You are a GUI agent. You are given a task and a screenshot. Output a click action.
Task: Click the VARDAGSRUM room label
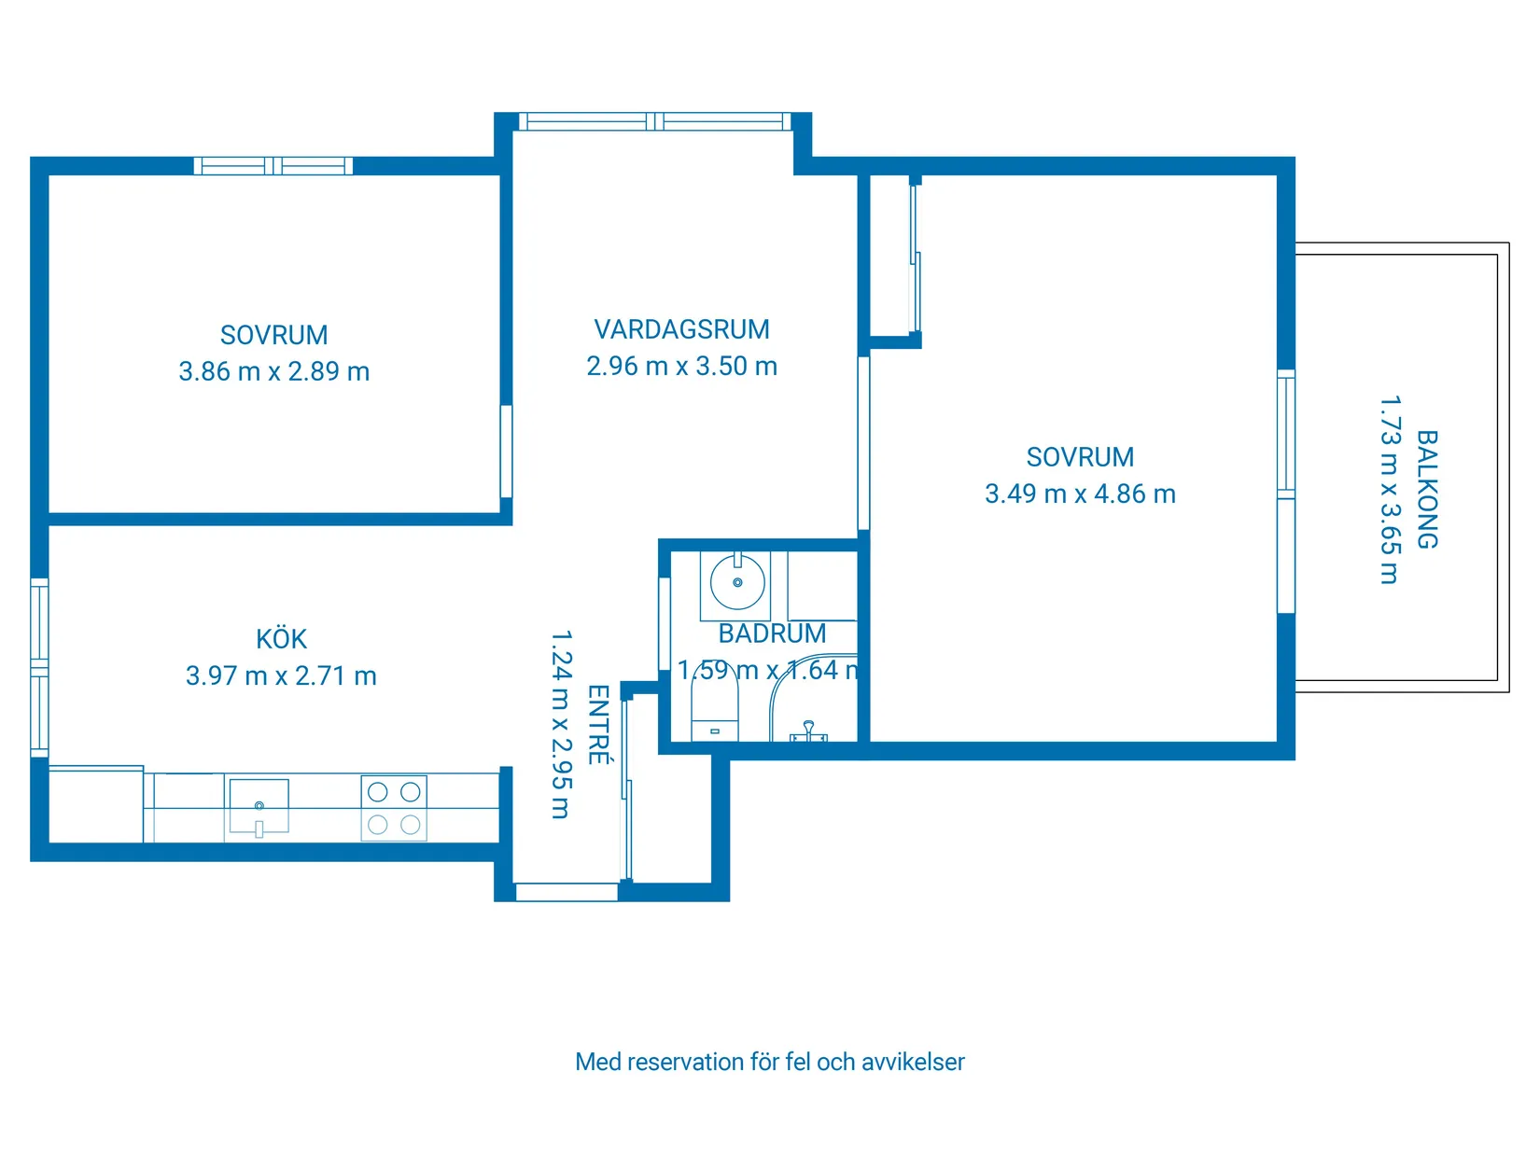[681, 329]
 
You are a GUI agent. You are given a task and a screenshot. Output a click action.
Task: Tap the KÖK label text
[281, 639]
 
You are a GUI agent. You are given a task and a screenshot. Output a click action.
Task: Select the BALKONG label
[1427, 489]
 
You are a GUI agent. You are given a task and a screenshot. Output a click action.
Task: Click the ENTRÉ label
[598, 725]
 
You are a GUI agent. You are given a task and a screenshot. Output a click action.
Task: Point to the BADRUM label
[772, 633]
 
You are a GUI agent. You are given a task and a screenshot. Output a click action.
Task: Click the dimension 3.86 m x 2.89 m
[273, 371]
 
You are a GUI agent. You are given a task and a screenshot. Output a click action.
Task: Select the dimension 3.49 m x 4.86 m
[1080, 494]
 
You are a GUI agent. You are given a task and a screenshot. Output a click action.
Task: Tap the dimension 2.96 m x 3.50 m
[681, 366]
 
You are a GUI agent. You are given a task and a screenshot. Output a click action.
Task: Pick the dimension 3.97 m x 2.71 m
[281, 675]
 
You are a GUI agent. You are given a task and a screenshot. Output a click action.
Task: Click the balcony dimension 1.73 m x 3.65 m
[1390, 490]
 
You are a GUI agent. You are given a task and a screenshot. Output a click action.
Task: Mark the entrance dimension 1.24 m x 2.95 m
[560, 725]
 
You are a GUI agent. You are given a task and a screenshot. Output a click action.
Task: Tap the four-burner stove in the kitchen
[394, 808]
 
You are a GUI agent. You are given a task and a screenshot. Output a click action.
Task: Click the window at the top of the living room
[655, 121]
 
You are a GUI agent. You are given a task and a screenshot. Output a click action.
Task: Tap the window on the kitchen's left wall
[39, 666]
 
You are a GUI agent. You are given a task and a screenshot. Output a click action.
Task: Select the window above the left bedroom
[273, 166]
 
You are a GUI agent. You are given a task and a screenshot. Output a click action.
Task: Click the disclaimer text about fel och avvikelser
[769, 1062]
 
